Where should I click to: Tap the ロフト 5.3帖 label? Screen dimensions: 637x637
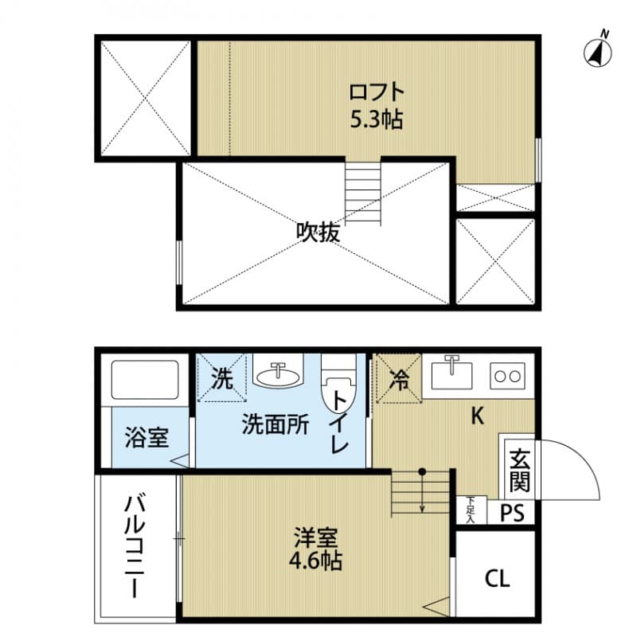click(x=377, y=106)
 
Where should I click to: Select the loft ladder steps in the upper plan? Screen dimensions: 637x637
click(x=363, y=191)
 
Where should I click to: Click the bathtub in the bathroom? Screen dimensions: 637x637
click(x=144, y=380)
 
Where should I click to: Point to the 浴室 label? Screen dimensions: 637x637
click(x=147, y=437)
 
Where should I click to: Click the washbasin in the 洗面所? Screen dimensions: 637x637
click(x=278, y=372)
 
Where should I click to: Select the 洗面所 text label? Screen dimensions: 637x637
click(x=276, y=425)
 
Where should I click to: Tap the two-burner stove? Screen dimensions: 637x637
click(x=506, y=375)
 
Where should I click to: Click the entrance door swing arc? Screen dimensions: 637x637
click(x=573, y=470)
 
